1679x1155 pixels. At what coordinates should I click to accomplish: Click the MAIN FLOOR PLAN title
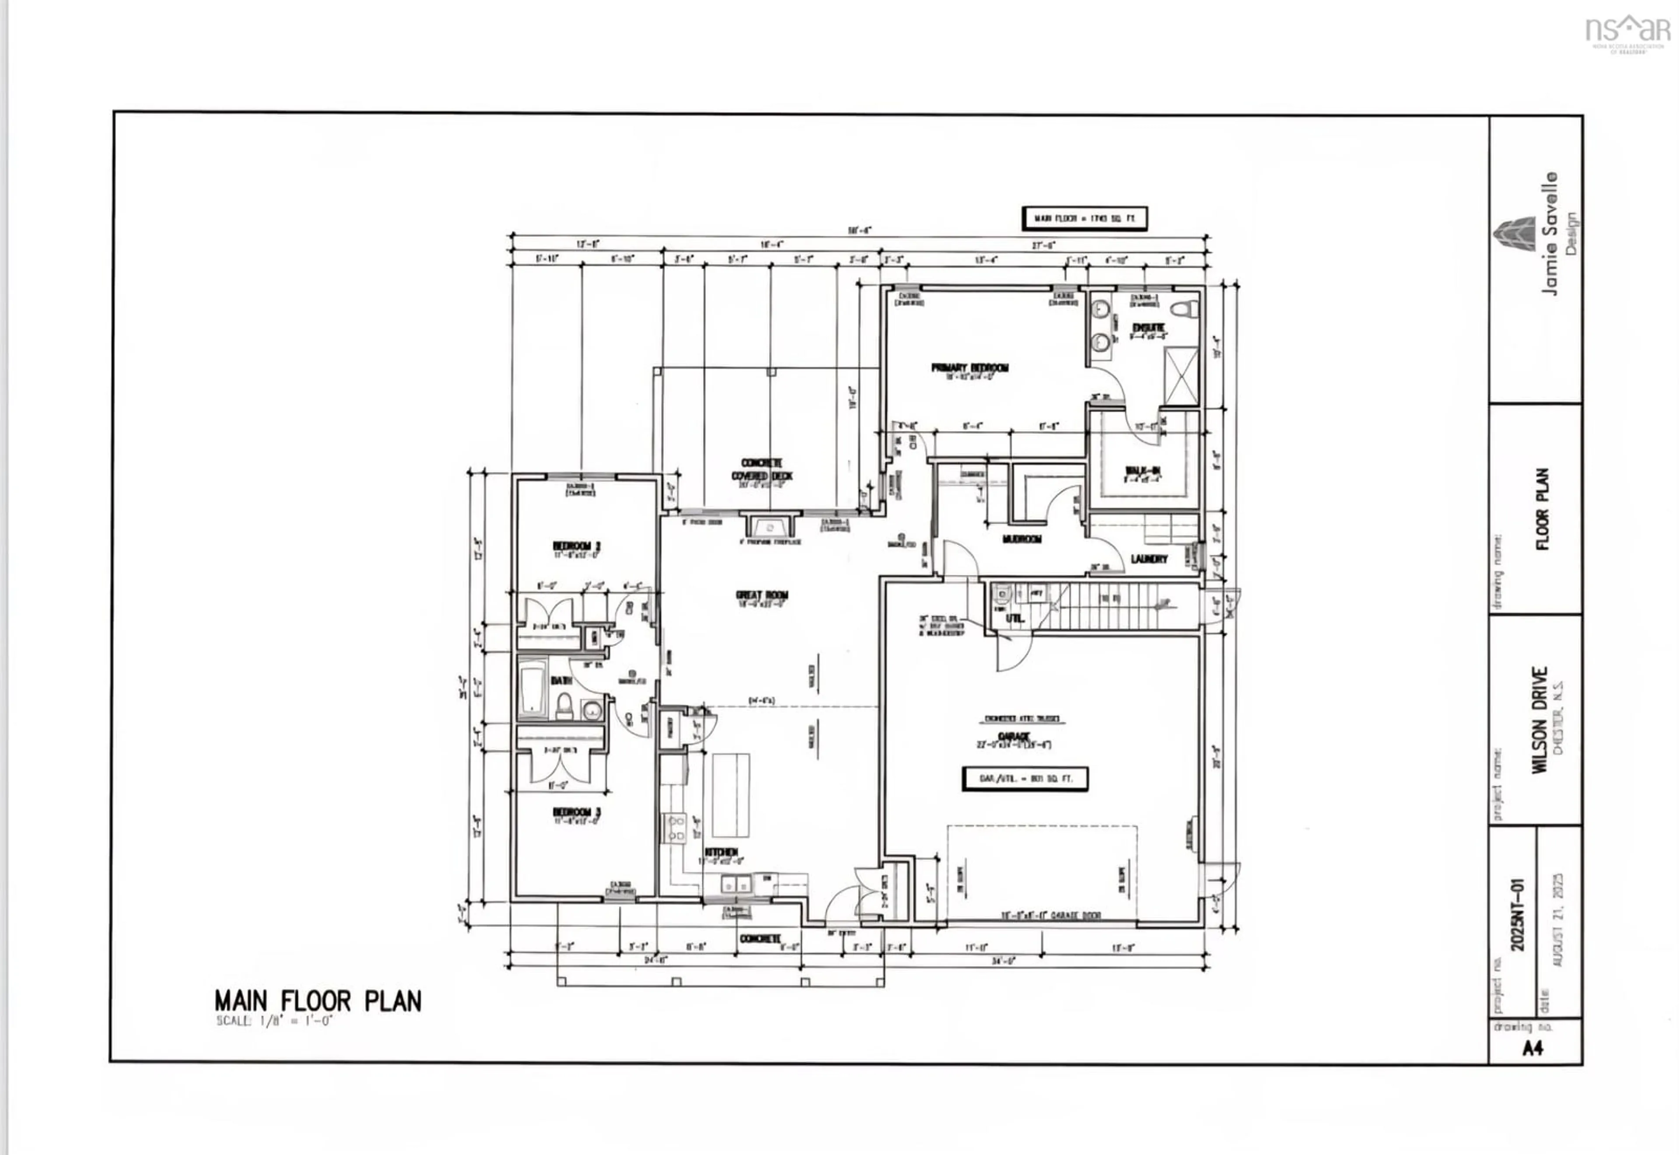pyautogui.click(x=318, y=1002)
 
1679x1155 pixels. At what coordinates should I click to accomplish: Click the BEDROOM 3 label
pyautogui.click(x=577, y=812)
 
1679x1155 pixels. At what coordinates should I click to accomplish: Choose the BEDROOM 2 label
pyautogui.click(x=577, y=546)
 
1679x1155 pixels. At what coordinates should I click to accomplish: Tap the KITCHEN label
pyautogui.click(x=721, y=852)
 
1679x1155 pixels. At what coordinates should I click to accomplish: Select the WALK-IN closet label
pyautogui.click(x=1143, y=471)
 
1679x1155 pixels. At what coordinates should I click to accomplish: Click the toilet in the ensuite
pyautogui.click(x=1182, y=309)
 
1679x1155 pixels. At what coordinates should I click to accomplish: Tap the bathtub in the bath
pyautogui.click(x=532, y=688)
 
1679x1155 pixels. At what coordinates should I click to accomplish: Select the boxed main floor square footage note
pyautogui.click(x=1083, y=218)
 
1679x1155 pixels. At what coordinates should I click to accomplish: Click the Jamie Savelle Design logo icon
pyautogui.click(x=1514, y=235)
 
